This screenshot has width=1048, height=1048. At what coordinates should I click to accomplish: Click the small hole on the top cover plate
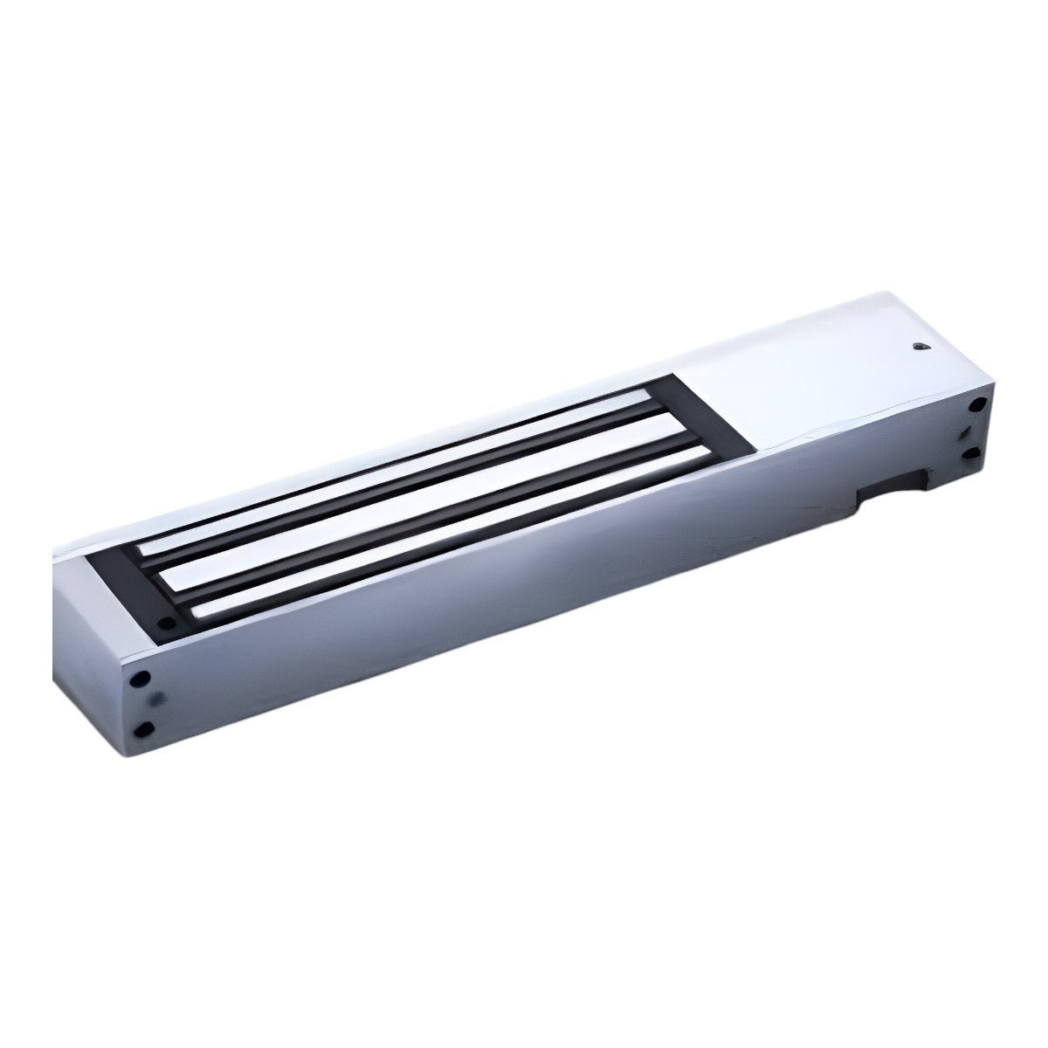[x=920, y=345]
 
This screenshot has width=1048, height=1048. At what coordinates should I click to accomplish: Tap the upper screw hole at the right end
[x=978, y=404]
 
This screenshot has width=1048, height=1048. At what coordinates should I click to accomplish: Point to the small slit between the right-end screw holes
[x=964, y=432]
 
